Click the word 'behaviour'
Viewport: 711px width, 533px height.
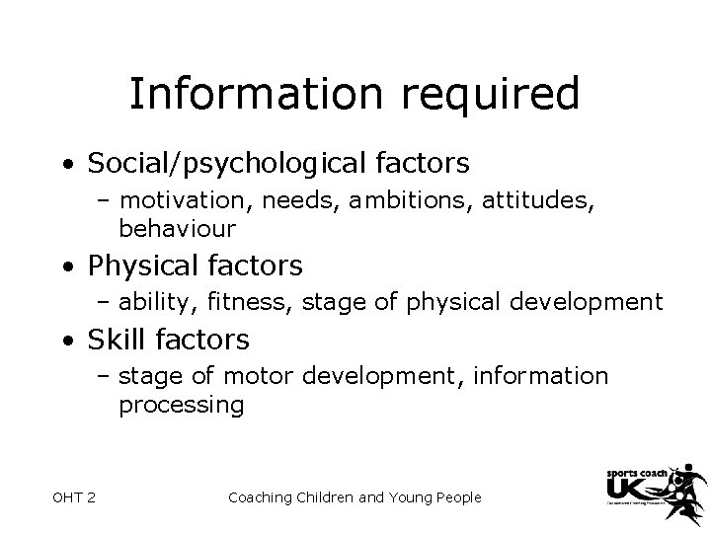point(178,230)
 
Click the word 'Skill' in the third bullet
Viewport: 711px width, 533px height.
point(118,341)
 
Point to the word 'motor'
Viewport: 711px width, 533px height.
point(256,377)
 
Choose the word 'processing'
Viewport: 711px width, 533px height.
point(181,404)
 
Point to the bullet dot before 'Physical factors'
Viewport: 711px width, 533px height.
point(64,267)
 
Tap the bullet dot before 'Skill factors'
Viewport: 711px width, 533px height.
point(64,342)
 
